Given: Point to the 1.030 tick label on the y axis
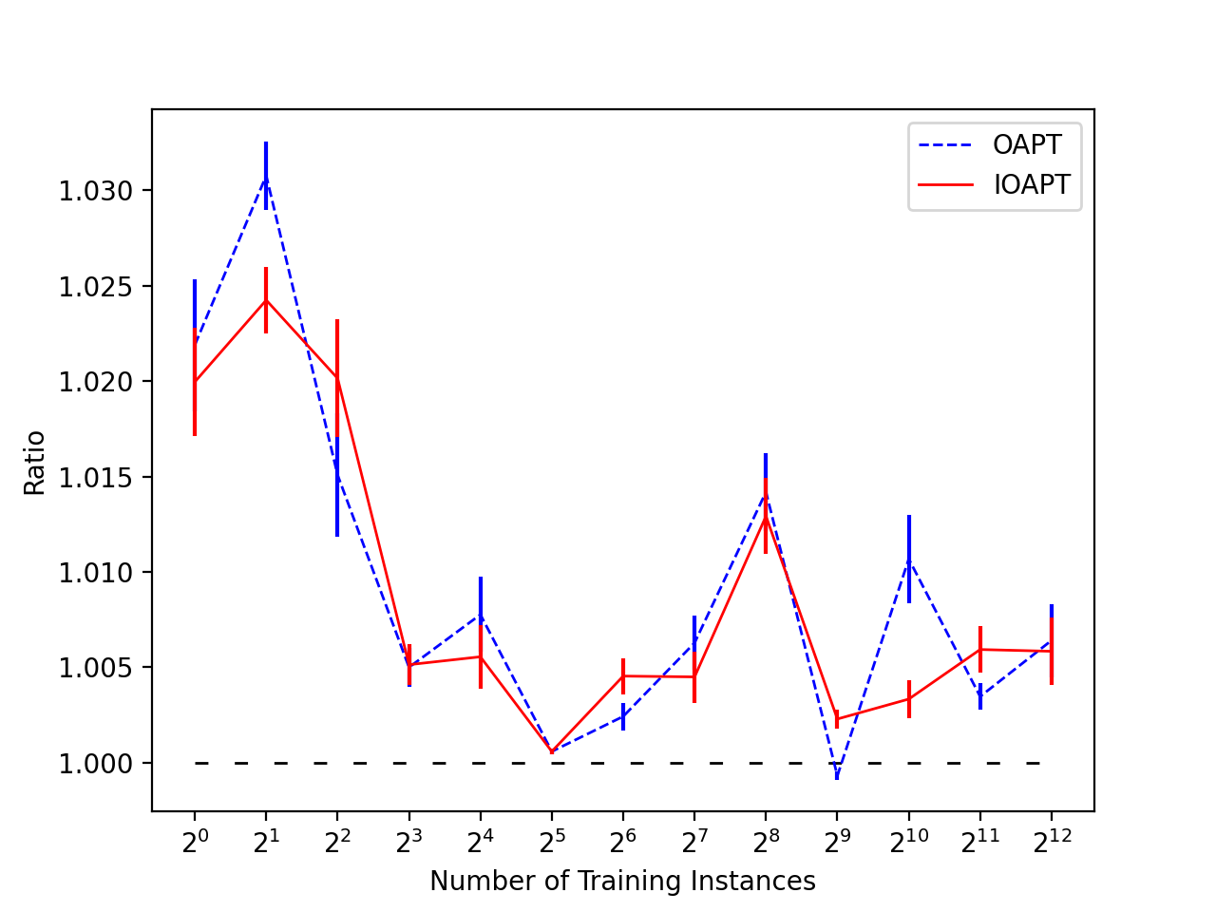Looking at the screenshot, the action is [x=96, y=191].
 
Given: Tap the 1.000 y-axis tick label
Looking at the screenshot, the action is [x=96, y=764].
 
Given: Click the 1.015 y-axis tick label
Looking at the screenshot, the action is [x=96, y=477].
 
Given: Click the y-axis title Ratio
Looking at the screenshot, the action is [x=34, y=463].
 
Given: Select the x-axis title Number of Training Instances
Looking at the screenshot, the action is [x=622, y=881].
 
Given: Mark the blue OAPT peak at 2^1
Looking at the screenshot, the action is [x=266, y=179].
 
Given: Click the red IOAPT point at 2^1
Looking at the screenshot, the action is [x=266, y=300].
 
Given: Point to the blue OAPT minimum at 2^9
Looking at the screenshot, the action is [x=837, y=776].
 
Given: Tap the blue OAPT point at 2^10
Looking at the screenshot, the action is [x=909, y=560].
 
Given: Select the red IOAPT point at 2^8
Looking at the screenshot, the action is [x=766, y=517].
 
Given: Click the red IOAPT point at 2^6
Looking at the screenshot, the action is [x=622, y=676].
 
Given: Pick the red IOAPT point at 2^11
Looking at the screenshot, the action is [x=980, y=650].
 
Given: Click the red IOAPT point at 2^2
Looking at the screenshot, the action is [x=337, y=378].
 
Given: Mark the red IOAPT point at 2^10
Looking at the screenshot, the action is [x=909, y=699].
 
